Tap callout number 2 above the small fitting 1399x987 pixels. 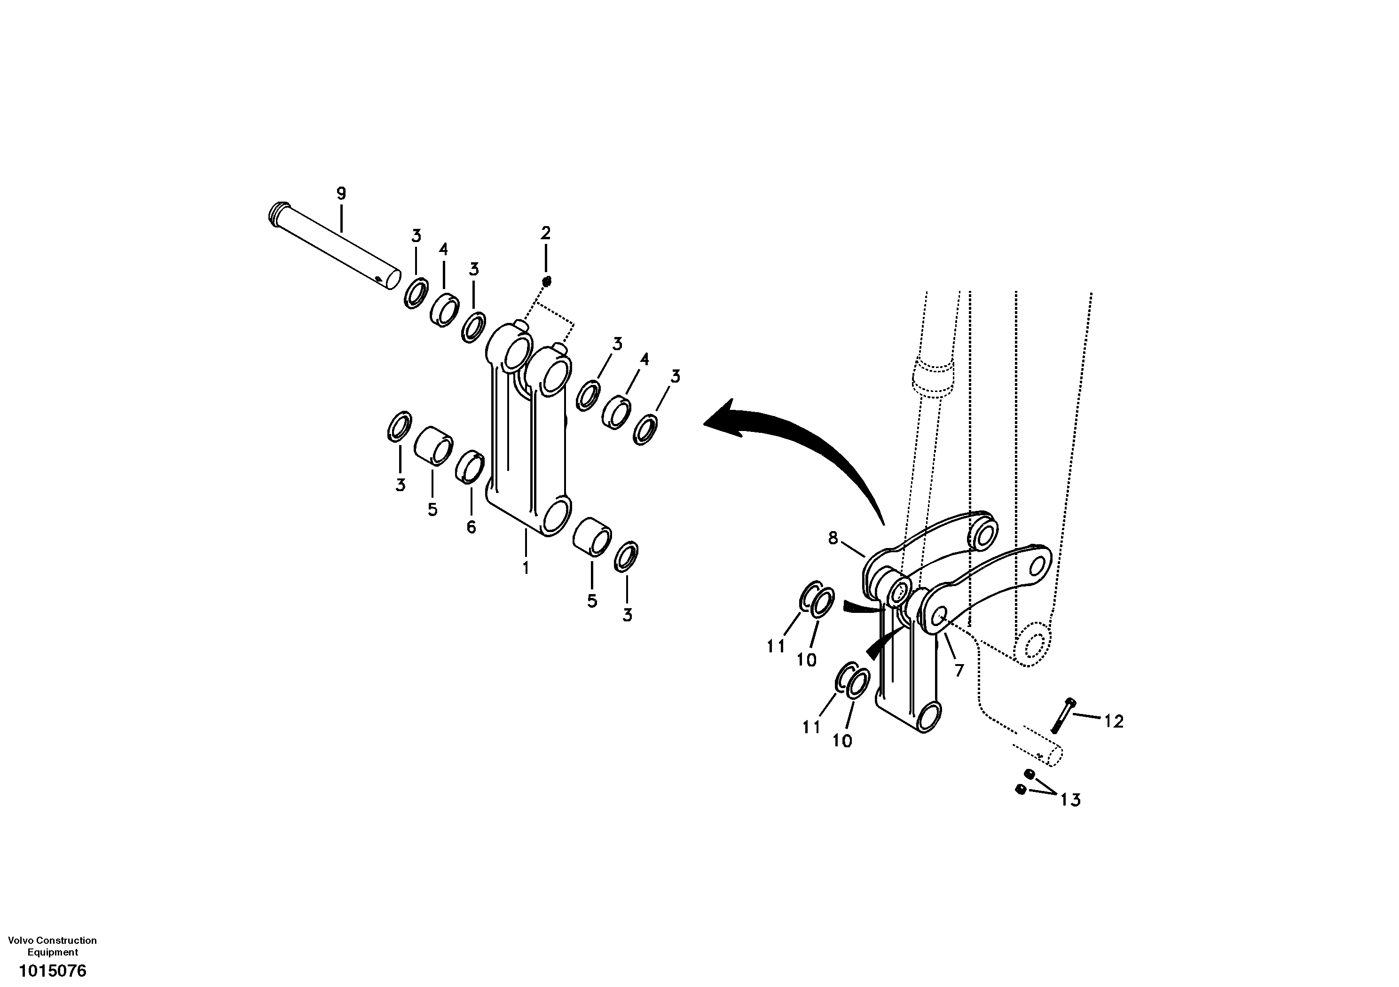[x=545, y=232]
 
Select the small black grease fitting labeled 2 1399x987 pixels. [x=547, y=281]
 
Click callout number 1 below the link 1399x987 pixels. [x=525, y=568]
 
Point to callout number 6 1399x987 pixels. [x=471, y=527]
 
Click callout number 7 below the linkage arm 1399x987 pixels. [x=959, y=671]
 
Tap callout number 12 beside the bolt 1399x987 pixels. [x=1113, y=721]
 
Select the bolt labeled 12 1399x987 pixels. [x=1063, y=715]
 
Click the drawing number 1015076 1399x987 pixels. [x=52, y=970]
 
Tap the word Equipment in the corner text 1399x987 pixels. [x=53, y=952]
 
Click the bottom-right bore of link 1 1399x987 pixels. [x=556, y=517]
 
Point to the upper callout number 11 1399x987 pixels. [x=776, y=646]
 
